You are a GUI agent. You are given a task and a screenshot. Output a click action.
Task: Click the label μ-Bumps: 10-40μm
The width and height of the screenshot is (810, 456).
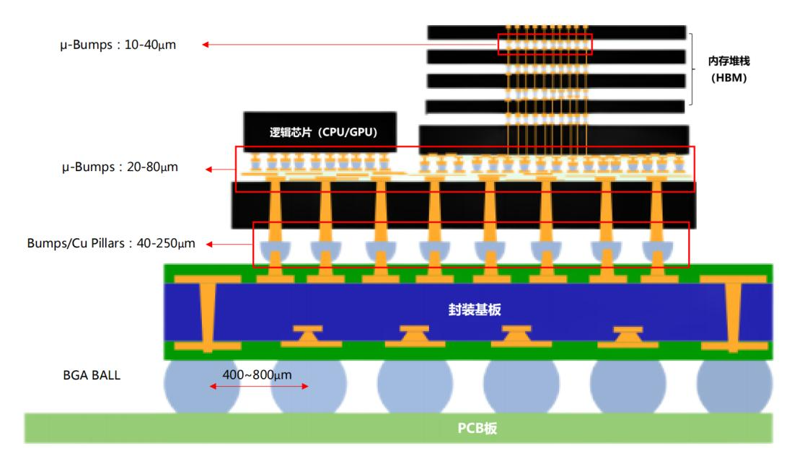coord(118,45)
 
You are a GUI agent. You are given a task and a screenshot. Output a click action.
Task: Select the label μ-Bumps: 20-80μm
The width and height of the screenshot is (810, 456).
coord(119,167)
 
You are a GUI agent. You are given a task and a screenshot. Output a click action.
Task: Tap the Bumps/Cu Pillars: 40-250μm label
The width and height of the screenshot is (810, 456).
coord(111,244)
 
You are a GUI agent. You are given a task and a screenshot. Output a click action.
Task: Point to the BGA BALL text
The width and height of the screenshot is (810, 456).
coord(92,375)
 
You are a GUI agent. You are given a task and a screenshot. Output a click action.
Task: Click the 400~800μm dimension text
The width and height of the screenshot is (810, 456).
coord(257,374)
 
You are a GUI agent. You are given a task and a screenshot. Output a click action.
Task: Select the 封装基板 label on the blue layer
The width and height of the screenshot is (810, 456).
coord(474,310)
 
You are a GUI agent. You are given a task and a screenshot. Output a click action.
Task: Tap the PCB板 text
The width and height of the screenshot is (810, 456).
coord(477,428)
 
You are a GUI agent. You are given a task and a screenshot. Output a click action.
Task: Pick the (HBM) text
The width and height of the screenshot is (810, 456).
coord(728,78)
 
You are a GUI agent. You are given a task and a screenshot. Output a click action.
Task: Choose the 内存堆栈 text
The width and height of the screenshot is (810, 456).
coord(728,61)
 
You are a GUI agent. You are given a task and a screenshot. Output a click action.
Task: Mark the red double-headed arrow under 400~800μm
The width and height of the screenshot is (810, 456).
coord(259,387)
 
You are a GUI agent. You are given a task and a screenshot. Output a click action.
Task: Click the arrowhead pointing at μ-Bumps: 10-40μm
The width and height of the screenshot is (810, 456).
coord(206,45)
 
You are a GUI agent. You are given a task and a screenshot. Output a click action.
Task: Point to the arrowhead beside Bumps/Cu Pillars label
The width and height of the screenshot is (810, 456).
coord(210,244)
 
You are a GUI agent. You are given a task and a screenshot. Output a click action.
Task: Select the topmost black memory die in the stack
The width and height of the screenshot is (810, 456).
coord(556,32)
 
